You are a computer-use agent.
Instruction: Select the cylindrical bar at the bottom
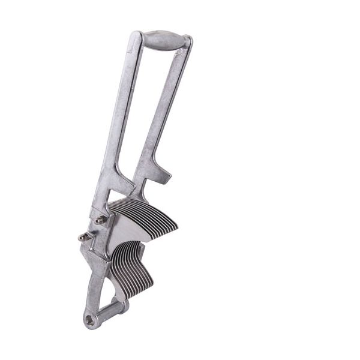coord(112,312)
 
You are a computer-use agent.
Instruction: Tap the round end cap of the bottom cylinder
coord(124,307)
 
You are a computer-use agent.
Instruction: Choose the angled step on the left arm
coord(123,180)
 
